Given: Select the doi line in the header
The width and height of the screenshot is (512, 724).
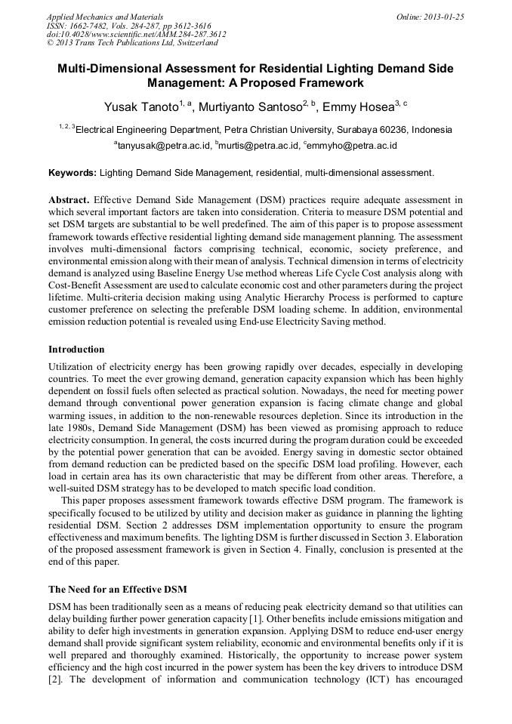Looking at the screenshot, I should pyautogui.click(x=136, y=34).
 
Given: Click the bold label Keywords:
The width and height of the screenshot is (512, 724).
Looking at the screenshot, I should pyautogui.click(x=72, y=173).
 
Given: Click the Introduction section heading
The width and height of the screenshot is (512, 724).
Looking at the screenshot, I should pyautogui.click(x=76, y=350).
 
